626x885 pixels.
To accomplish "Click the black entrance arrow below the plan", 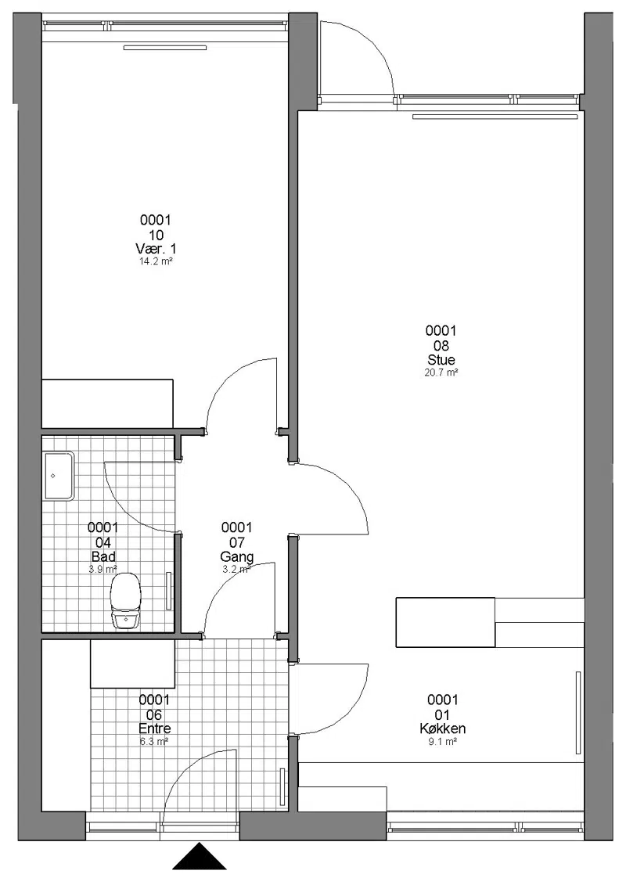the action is (199, 857).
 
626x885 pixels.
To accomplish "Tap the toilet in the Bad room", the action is (124, 600).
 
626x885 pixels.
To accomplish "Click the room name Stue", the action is (441, 360).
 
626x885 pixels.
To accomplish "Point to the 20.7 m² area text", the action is (441, 372).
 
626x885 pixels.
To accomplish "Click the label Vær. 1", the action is (156, 249).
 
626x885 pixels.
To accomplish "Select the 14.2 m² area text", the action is (156, 261).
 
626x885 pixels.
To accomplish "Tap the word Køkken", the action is (443, 729).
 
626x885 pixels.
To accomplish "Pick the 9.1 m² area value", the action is (443, 742).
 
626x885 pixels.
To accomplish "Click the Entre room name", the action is (155, 729).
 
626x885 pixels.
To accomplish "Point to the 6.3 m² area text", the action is (154, 742).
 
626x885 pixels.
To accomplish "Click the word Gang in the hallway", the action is (237, 557).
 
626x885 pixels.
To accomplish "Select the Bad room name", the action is (103, 557).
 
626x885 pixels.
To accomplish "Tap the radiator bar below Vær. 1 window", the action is (165, 48).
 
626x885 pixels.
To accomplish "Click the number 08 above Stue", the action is (441, 345).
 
